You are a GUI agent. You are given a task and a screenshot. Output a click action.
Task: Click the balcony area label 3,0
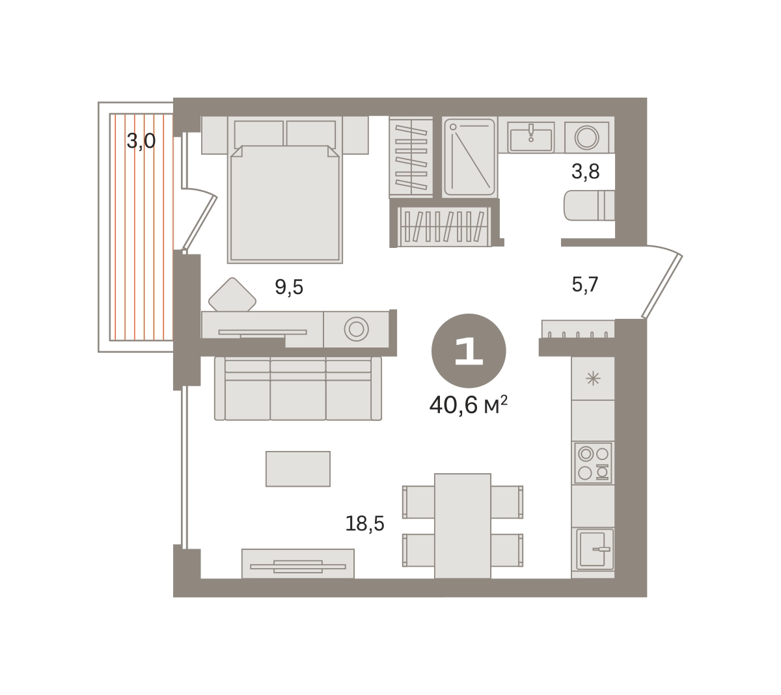click(x=141, y=141)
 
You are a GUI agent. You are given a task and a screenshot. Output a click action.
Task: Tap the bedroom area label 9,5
click(x=289, y=287)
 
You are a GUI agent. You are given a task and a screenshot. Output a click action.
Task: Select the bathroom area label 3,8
click(x=585, y=172)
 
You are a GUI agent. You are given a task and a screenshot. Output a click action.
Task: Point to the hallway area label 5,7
click(x=585, y=285)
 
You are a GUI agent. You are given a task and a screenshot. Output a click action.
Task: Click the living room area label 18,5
click(x=364, y=524)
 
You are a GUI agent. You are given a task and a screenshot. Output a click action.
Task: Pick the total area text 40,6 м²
click(x=469, y=405)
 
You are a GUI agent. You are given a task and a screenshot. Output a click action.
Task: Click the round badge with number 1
click(x=469, y=351)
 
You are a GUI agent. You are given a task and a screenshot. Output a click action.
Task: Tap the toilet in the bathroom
click(x=588, y=206)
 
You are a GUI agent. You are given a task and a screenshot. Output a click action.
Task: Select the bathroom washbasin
click(x=531, y=137)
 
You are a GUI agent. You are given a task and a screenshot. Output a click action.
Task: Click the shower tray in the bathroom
click(x=469, y=157)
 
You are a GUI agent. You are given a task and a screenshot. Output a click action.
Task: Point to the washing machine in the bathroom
click(x=586, y=137)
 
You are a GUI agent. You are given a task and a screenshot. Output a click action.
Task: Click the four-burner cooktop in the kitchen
click(x=593, y=463)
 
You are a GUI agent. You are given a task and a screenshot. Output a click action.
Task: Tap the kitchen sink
click(x=595, y=549)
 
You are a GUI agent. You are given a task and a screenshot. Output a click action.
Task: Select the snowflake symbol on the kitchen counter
click(x=593, y=379)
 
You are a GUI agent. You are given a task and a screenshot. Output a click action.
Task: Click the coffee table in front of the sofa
click(x=297, y=469)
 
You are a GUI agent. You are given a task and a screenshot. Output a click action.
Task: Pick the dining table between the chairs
click(x=463, y=526)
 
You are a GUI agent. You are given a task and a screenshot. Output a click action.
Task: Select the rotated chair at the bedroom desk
click(x=232, y=295)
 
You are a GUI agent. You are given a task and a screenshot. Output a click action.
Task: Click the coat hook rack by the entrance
click(x=578, y=329)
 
